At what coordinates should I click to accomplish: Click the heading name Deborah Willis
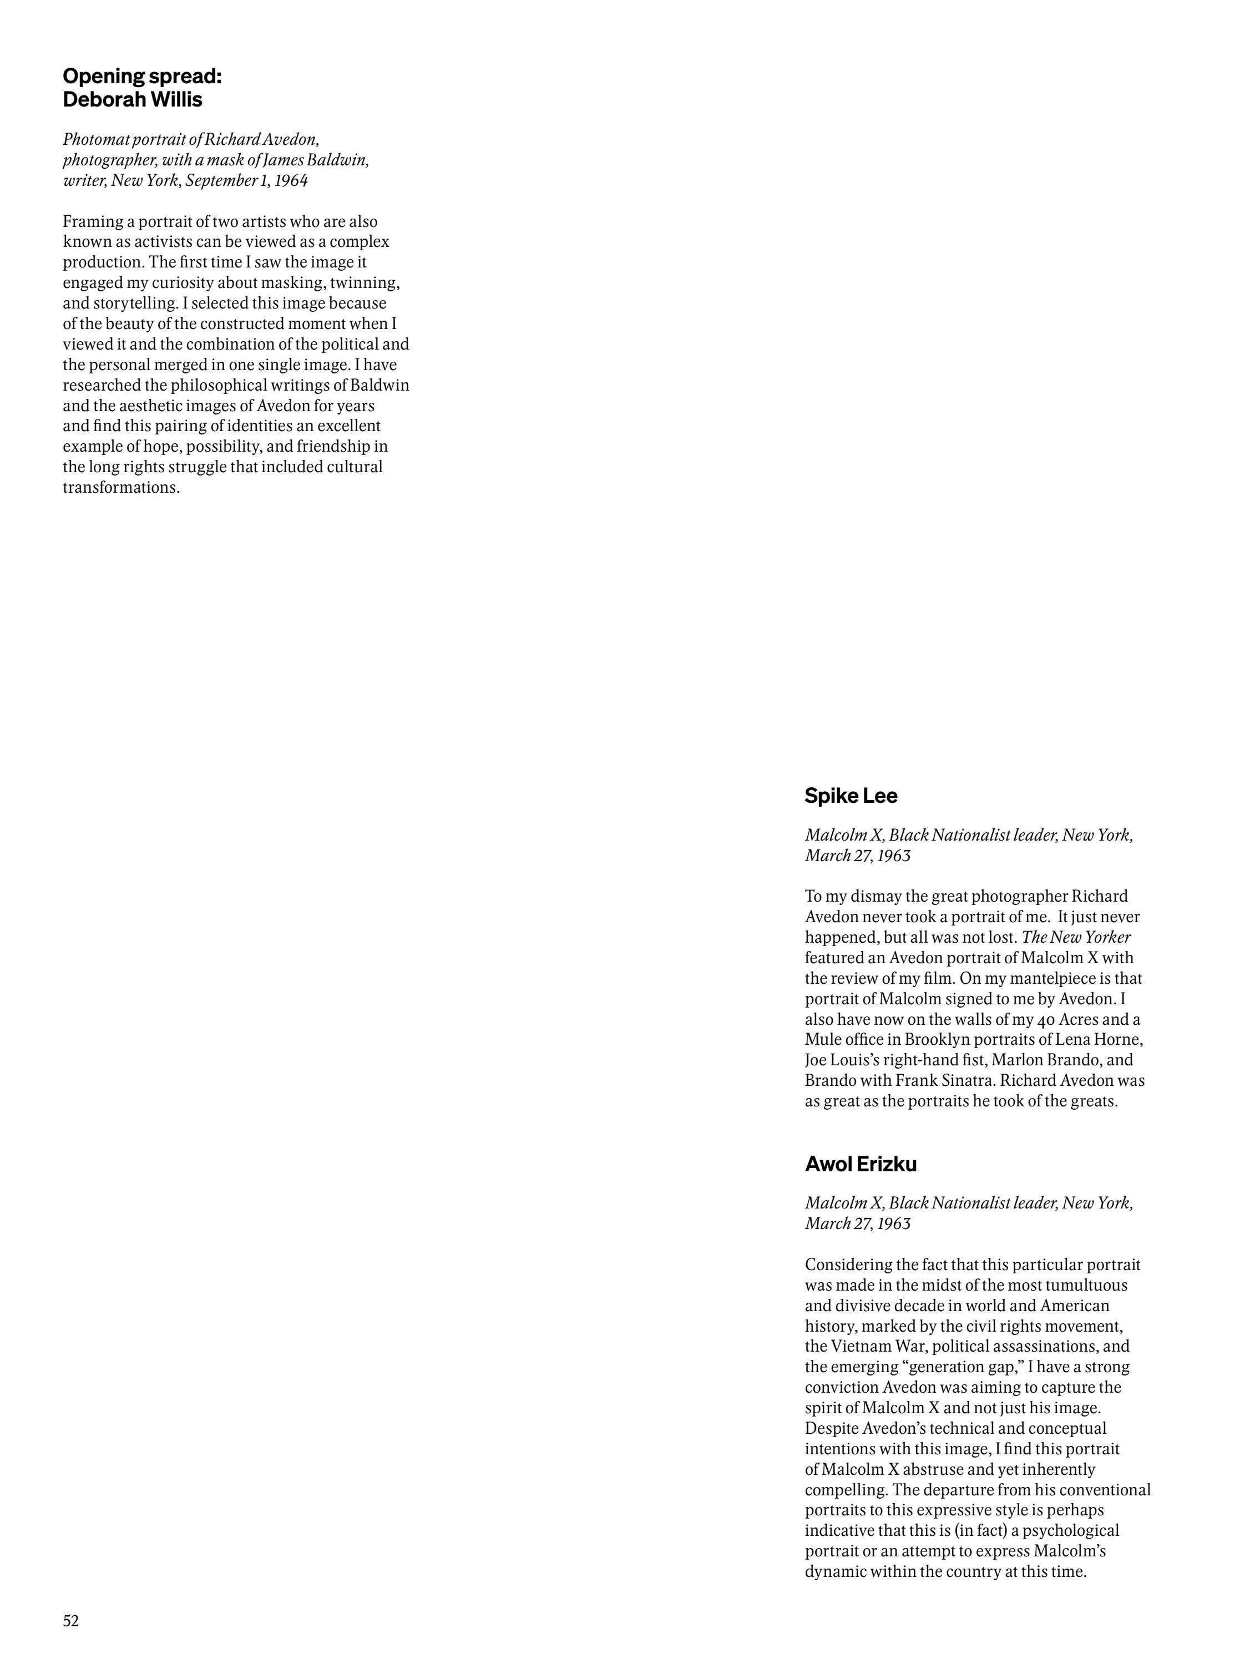[x=133, y=100]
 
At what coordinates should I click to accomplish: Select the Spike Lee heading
[x=851, y=796]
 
